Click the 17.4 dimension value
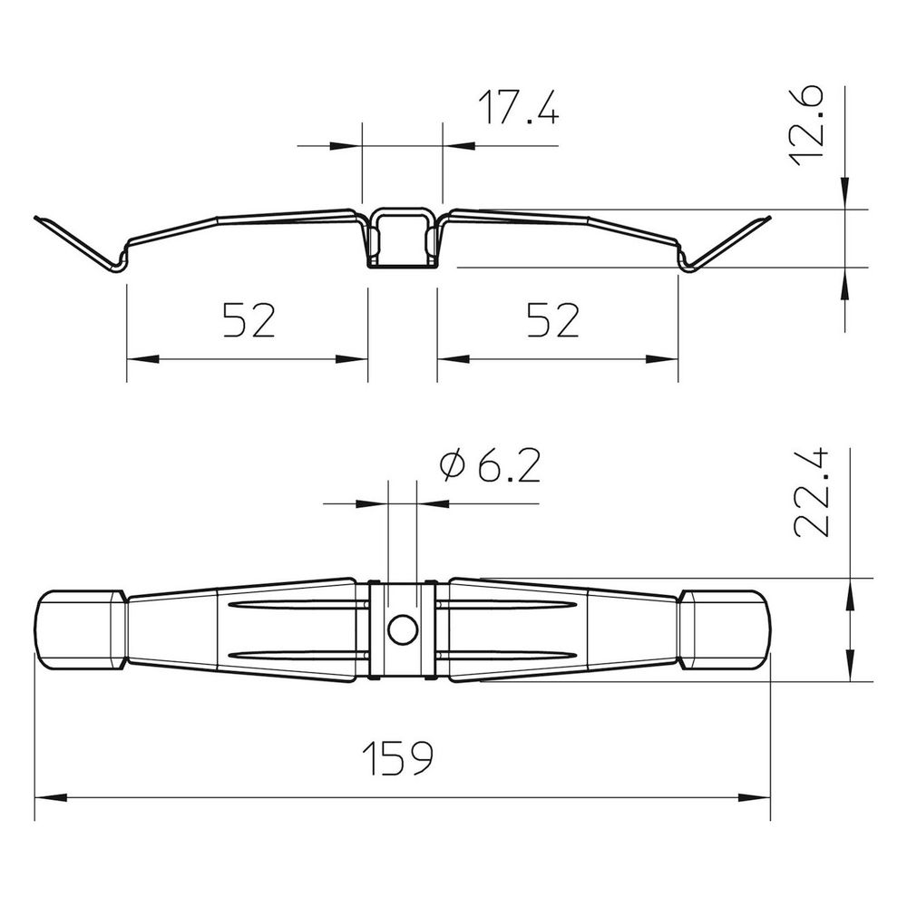point(519,108)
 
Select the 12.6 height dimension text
point(806,125)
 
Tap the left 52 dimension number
point(249,320)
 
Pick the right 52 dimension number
point(553,320)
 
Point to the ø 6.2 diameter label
point(490,465)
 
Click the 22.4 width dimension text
point(812,493)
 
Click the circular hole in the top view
point(404,630)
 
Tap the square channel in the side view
point(403,238)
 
